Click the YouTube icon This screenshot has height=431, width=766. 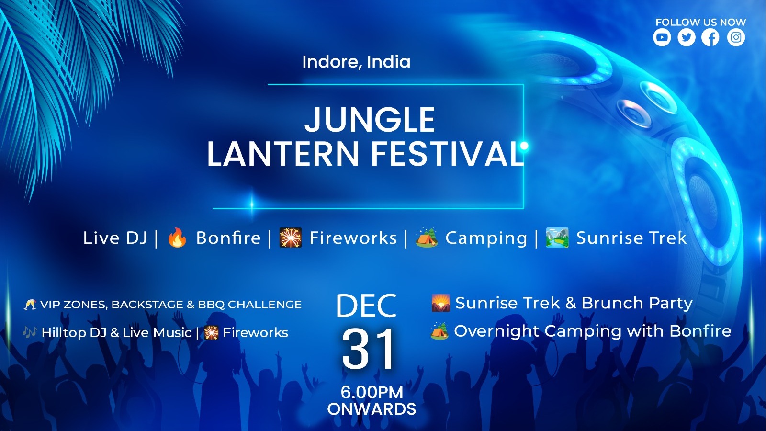tap(662, 37)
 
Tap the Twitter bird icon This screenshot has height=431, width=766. tap(687, 37)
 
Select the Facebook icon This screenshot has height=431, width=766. tap(710, 37)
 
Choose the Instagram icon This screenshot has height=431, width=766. tap(736, 37)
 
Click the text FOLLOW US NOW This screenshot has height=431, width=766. tap(700, 22)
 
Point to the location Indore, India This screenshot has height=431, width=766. tap(356, 62)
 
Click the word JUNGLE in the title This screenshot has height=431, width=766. tap(370, 120)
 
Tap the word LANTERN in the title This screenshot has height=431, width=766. tap(283, 154)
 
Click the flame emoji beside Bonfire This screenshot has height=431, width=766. tap(177, 238)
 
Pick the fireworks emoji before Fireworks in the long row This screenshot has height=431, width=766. tap(291, 238)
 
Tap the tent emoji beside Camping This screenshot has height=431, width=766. tap(427, 238)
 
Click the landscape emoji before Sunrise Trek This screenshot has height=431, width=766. tap(557, 238)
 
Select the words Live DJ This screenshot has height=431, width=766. tap(115, 238)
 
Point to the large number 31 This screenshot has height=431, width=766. tap(368, 349)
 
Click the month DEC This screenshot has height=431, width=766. tap(366, 306)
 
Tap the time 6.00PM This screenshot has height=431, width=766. tap(372, 392)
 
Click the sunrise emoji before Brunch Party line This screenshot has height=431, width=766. tap(440, 303)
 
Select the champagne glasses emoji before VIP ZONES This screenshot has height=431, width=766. tap(30, 305)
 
